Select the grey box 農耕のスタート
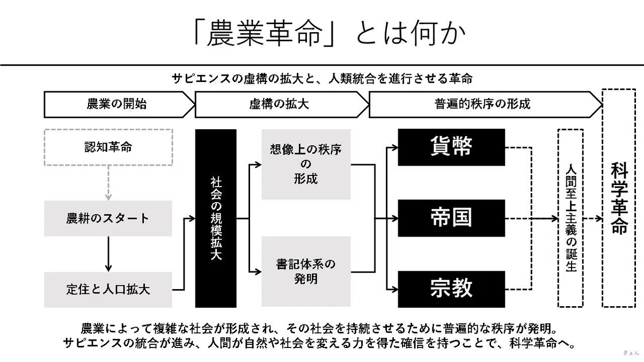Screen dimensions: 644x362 (x=108, y=218)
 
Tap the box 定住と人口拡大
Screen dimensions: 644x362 (x=108, y=290)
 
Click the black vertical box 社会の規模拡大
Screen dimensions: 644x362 (x=216, y=218)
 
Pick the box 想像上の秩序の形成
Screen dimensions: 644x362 (x=306, y=164)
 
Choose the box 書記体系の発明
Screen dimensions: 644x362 (x=306, y=272)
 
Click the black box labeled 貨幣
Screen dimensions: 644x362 (x=451, y=147)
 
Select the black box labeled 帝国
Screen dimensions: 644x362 (x=451, y=218)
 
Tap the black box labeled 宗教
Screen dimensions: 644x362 (x=451, y=289)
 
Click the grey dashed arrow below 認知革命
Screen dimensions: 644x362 (x=108, y=183)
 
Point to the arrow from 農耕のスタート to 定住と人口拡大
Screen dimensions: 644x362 (x=108, y=254)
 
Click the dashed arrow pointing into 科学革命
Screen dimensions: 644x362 (x=593, y=219)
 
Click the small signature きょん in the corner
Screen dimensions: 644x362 (x=631, y=353)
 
